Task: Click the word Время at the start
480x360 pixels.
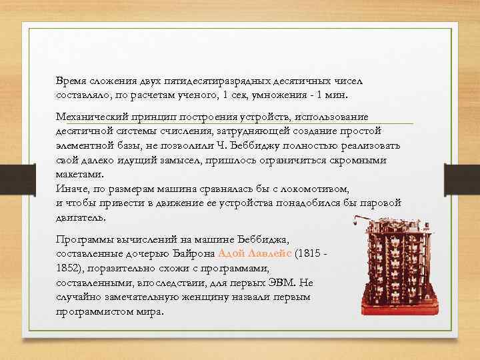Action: click(x=71, y=80)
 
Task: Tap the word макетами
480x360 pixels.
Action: click(x=79, y=175)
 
